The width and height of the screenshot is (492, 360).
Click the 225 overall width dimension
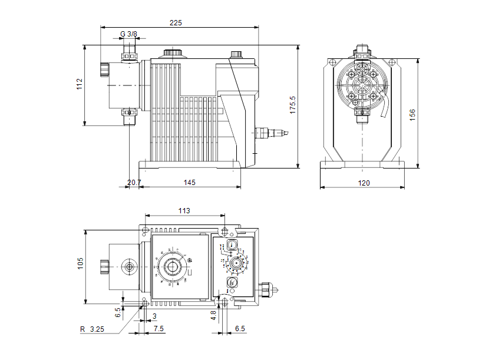[176, 22]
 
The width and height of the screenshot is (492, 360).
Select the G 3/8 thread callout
[128, 34]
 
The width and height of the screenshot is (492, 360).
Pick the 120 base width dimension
[364, 183]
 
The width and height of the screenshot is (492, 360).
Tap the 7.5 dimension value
[159, 328]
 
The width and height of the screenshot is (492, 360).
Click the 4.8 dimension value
[213, 315]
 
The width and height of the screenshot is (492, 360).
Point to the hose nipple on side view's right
[272, 133]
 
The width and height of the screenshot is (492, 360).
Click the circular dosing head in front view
[361, 84]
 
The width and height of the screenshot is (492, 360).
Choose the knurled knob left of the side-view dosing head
[104, 70]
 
